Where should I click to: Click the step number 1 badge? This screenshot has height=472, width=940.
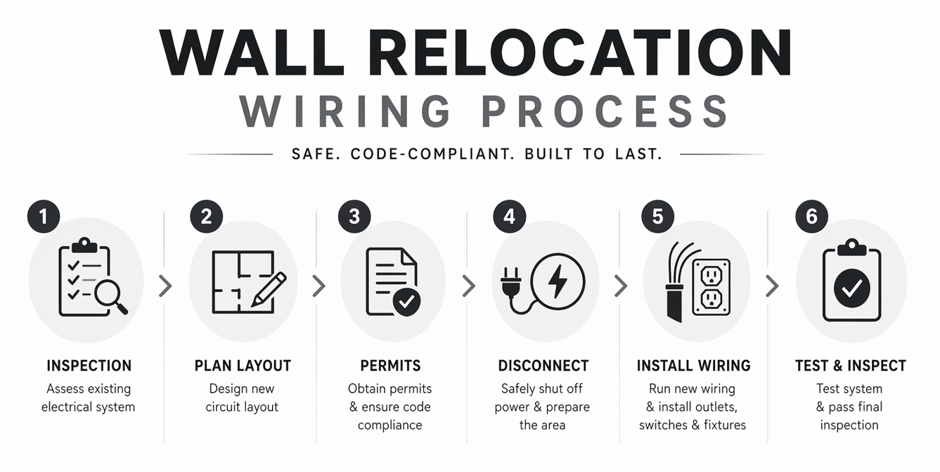(x=44, y=217)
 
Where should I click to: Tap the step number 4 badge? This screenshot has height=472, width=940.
(x=509, y=217)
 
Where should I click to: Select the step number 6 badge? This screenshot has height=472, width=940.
(x=811, y=217)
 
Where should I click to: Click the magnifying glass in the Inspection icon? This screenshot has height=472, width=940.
(x=110, y=295)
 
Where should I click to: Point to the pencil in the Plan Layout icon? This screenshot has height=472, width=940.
(x=270, y=288)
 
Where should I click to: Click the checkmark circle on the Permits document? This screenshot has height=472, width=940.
(x=406, y=302)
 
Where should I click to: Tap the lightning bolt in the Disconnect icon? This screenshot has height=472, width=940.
(x=558, y=279)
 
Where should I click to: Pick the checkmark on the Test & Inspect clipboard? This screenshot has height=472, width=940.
(x=851, y=287)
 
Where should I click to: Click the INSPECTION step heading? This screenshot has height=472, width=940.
(x=89, y=366)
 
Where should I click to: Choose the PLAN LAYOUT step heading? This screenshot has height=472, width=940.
(x=243, y=366)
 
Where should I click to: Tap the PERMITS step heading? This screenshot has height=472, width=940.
(x=390, y=366)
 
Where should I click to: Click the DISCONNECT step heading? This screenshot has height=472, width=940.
(x=543, y=366)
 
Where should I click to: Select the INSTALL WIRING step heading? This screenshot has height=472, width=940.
(x=693, y=366)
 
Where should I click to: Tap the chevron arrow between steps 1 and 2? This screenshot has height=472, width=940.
(x=165, y=286)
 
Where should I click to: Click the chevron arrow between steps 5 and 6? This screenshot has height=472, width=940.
(x=772, y=286)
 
